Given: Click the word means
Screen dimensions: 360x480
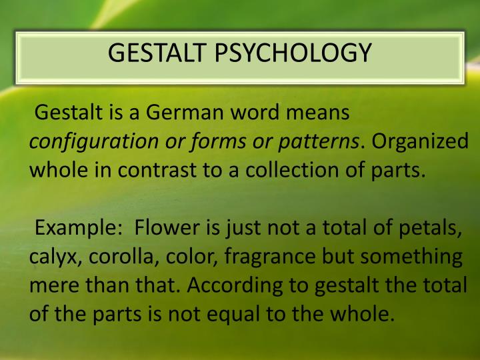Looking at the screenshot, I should tap(317, 114).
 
